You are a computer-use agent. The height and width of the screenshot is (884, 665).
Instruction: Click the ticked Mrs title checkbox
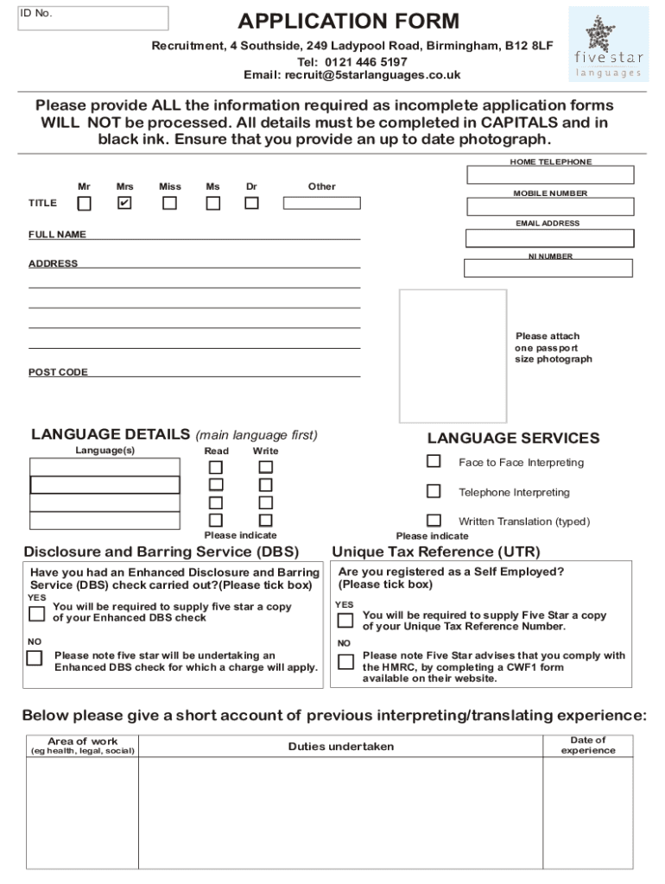click(124, 204)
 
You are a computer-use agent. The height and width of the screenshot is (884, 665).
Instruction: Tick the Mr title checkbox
click(84, 204)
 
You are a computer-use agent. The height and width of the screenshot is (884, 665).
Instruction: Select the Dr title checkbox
click(251, 204)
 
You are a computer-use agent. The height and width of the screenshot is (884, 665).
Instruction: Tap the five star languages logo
click(608, 44)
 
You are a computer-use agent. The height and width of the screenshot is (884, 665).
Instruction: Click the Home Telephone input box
click(550, 175)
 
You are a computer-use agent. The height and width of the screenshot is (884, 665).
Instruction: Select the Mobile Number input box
click(550, 207)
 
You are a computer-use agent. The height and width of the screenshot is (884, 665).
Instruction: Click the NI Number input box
click(548, 268)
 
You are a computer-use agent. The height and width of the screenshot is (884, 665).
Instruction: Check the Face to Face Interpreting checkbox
click(434, 462)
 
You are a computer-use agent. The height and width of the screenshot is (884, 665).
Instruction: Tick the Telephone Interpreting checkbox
click(434, 491)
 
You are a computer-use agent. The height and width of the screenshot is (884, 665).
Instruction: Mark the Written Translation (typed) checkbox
click(434, 521)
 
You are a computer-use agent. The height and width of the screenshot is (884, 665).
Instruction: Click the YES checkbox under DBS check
click(36, 614)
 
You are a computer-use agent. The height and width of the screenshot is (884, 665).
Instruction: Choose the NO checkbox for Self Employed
click(345, 662)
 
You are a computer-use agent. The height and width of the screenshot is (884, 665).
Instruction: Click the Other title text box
click(321, 204)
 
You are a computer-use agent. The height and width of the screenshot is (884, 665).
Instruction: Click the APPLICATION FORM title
click(349, 22)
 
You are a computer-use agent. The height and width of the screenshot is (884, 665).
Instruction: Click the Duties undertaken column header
click(340, 747)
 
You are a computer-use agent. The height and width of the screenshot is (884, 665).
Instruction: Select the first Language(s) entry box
click(104, 467)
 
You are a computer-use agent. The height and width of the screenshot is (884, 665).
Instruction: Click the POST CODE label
click(58, 372)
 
